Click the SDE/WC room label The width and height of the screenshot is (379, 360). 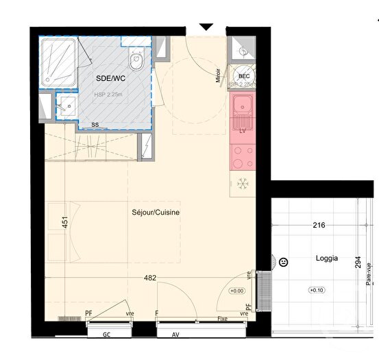(106, 79)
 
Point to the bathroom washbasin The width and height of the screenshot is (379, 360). (66, 106)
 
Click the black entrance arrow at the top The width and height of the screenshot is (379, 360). (206, 27)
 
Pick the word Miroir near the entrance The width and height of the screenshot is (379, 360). (219, 76)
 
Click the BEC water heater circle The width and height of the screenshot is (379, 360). (243, 76)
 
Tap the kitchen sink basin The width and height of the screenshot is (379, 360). (243, 106)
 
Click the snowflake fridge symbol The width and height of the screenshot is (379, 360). (242, 184)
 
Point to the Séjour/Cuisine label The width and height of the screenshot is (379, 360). (156, 213)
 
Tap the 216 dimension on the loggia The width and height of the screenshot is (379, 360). (318, 225)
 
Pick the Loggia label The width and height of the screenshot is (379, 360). (326, 260)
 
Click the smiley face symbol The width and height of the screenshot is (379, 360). (283, 261)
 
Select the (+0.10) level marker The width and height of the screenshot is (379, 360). (317, 290)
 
